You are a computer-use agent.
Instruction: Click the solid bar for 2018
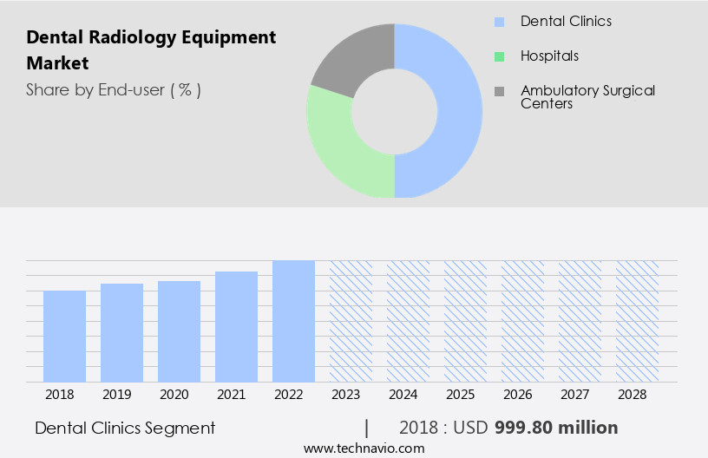[x=64, y=337]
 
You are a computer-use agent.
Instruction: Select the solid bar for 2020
[x=179, y=331]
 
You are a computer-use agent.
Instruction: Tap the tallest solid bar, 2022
[x=293, y=321]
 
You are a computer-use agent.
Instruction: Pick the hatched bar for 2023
[x=351, y=321]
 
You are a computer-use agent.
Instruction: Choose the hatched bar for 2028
[x=637, y=321]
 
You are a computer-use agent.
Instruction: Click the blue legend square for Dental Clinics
[x=499, y=21]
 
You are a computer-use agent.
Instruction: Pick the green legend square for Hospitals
[x=499, y=56]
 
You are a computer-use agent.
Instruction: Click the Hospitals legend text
[x=549, y=56]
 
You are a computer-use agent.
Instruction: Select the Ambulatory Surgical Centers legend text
[x=587, y=96]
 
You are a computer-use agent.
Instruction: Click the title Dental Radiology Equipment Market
[x=151, y=50]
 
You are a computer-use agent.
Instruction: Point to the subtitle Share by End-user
[x=113, y=89]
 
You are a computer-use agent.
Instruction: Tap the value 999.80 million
[x=556, y=428]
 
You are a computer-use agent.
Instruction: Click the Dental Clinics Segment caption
[x=125, y=428]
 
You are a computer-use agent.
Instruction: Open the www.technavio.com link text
[x=364, y=448]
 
